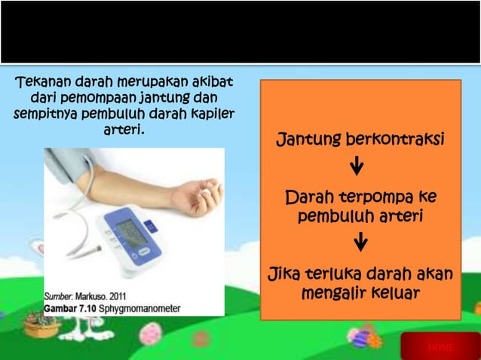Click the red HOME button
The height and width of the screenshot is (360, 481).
[440, 346]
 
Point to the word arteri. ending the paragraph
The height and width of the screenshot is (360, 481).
[123, 130]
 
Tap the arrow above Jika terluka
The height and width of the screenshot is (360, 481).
[360, 243]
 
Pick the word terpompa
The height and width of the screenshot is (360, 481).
[372, 198]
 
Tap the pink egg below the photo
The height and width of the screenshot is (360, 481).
[151, 331]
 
